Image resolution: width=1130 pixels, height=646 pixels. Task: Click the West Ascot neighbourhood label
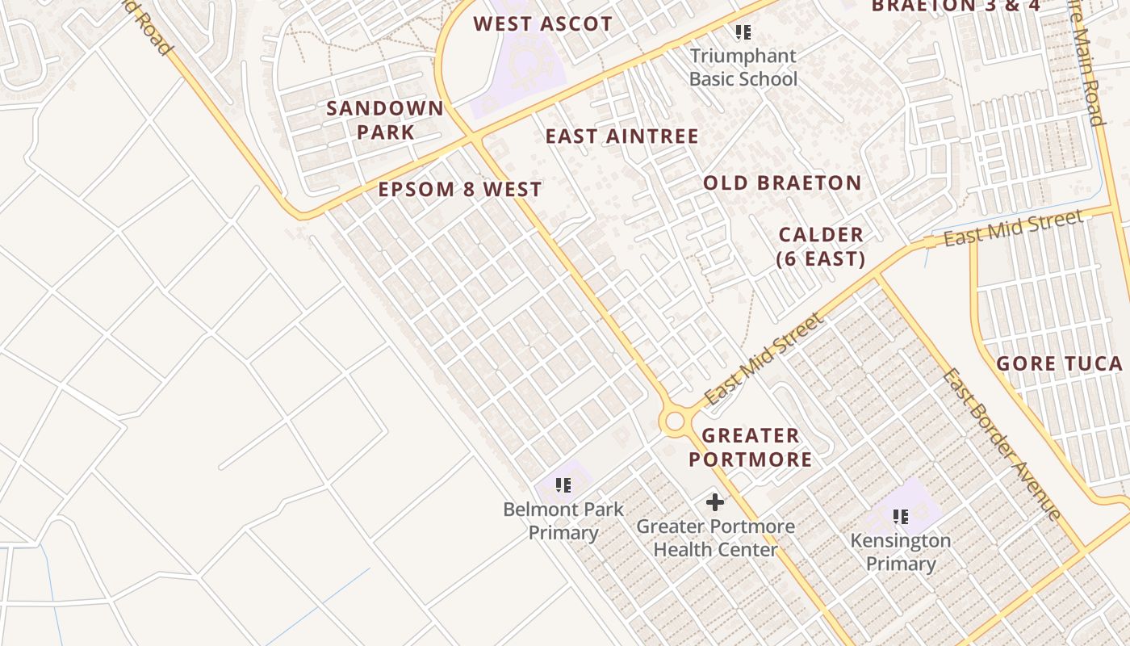pos(542,24)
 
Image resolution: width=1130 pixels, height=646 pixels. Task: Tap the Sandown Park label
pos(385,120)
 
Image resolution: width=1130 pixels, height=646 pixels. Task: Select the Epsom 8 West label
pos(460,190)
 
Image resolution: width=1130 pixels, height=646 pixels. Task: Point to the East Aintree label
pos(621,136)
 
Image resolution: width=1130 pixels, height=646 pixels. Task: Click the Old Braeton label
pos(782,183)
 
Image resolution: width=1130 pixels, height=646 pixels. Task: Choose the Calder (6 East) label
pos(821,247)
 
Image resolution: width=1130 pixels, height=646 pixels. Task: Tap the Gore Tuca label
pos(1059,363)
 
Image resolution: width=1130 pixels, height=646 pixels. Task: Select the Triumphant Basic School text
pos(743,68)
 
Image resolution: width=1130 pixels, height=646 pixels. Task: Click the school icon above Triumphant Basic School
pos(743,32)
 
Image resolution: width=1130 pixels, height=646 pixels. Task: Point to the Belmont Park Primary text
pos(563,521)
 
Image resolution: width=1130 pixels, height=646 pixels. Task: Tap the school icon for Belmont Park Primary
pos(563,485)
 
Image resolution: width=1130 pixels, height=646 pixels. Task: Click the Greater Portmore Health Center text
pos(715,538)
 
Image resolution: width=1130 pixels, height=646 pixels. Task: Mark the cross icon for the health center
pos(715,503)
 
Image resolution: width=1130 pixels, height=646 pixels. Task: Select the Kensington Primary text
pos(900,552)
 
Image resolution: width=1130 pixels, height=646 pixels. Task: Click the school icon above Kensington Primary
pos(901,516)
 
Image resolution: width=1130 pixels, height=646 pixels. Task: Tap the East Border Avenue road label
pos(1001,444)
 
